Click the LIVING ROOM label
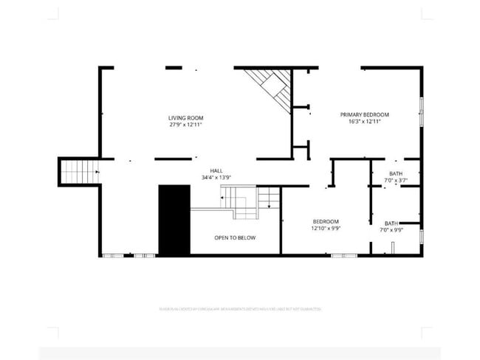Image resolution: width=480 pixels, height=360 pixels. [x=185, y=118]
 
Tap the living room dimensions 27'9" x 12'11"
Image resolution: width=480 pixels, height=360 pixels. [x=185, y=125]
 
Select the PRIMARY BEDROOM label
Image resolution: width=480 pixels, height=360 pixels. [x=364, y=114]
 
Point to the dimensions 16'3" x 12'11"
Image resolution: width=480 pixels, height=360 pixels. [x=364, y=121]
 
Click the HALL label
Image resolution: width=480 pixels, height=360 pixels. [x=216, y=170]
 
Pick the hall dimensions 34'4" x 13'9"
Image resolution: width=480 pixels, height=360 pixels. [x=216, y=177]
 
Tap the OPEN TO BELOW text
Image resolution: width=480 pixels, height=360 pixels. [x=235, y=238]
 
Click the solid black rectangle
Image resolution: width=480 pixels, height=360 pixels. [x=174, y=220]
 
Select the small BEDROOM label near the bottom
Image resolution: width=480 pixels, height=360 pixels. [x=326, y=221]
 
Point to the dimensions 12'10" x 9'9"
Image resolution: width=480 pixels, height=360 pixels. [x=326, y=228]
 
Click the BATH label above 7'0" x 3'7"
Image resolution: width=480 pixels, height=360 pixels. [x=397, y=174]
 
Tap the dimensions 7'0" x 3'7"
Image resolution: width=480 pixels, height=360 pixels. [x=397, y=181]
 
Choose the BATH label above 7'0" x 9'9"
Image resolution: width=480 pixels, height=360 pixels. [x=391, y=224]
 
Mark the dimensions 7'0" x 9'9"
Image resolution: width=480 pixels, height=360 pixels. [x=391, y=230]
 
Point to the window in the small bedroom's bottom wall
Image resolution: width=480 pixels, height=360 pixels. [x=343, y=255]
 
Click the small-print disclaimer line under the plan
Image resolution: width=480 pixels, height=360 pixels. [x=240, y=308]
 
